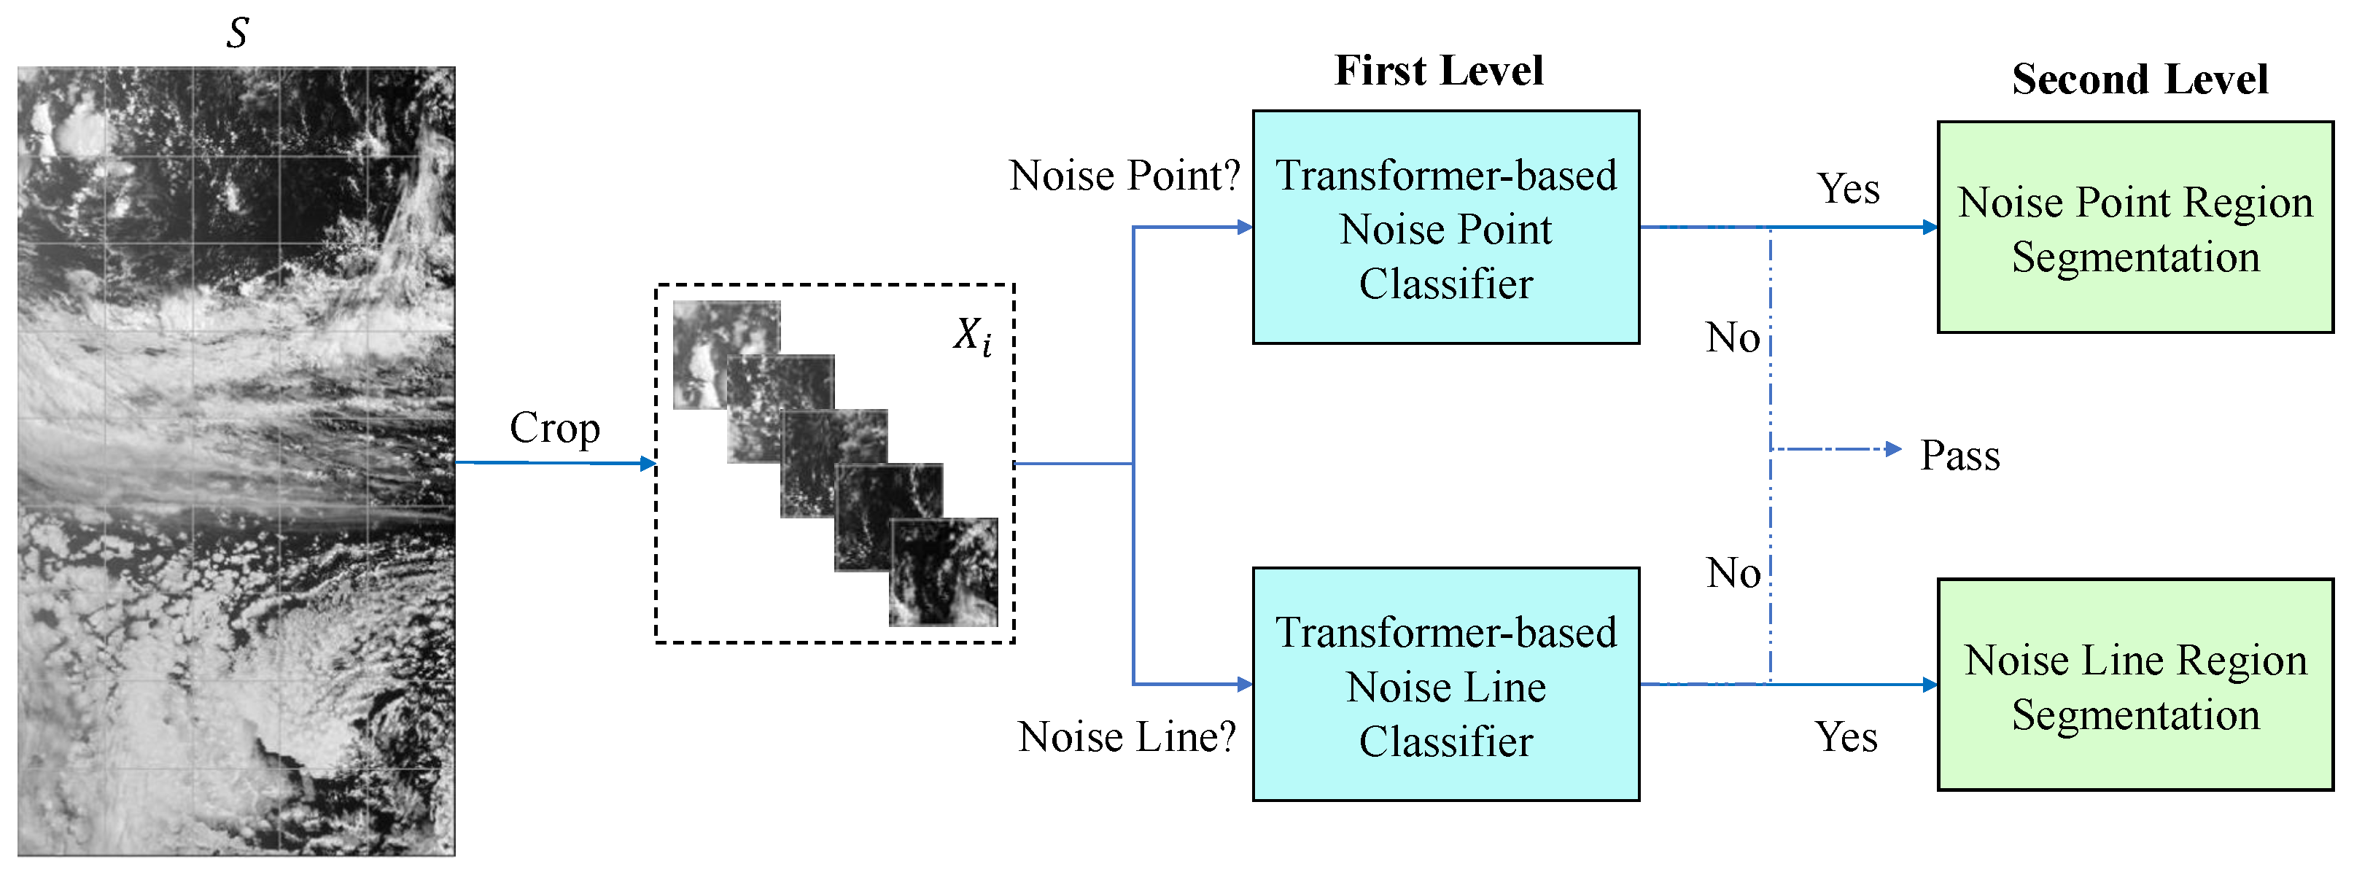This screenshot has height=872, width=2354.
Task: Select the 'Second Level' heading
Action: pos(2140,79)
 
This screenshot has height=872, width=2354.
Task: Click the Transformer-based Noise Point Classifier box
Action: pos(1445,227)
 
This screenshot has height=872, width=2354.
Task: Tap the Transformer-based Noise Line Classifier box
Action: pos(1445,685)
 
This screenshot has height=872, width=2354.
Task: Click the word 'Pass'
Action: pos(1959,454)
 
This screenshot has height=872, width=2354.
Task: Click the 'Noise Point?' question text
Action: pos(1124,176)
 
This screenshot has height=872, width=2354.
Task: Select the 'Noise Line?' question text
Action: pos(1126,736)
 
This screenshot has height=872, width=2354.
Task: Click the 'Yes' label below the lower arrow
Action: pos(1846,736)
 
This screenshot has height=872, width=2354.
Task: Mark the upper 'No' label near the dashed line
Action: pos(1732,338)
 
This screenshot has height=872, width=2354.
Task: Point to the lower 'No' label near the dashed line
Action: pos(1733,573)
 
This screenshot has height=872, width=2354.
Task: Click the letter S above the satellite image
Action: pos(237,33)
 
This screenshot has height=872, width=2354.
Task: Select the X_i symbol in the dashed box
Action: pos(971,335)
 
